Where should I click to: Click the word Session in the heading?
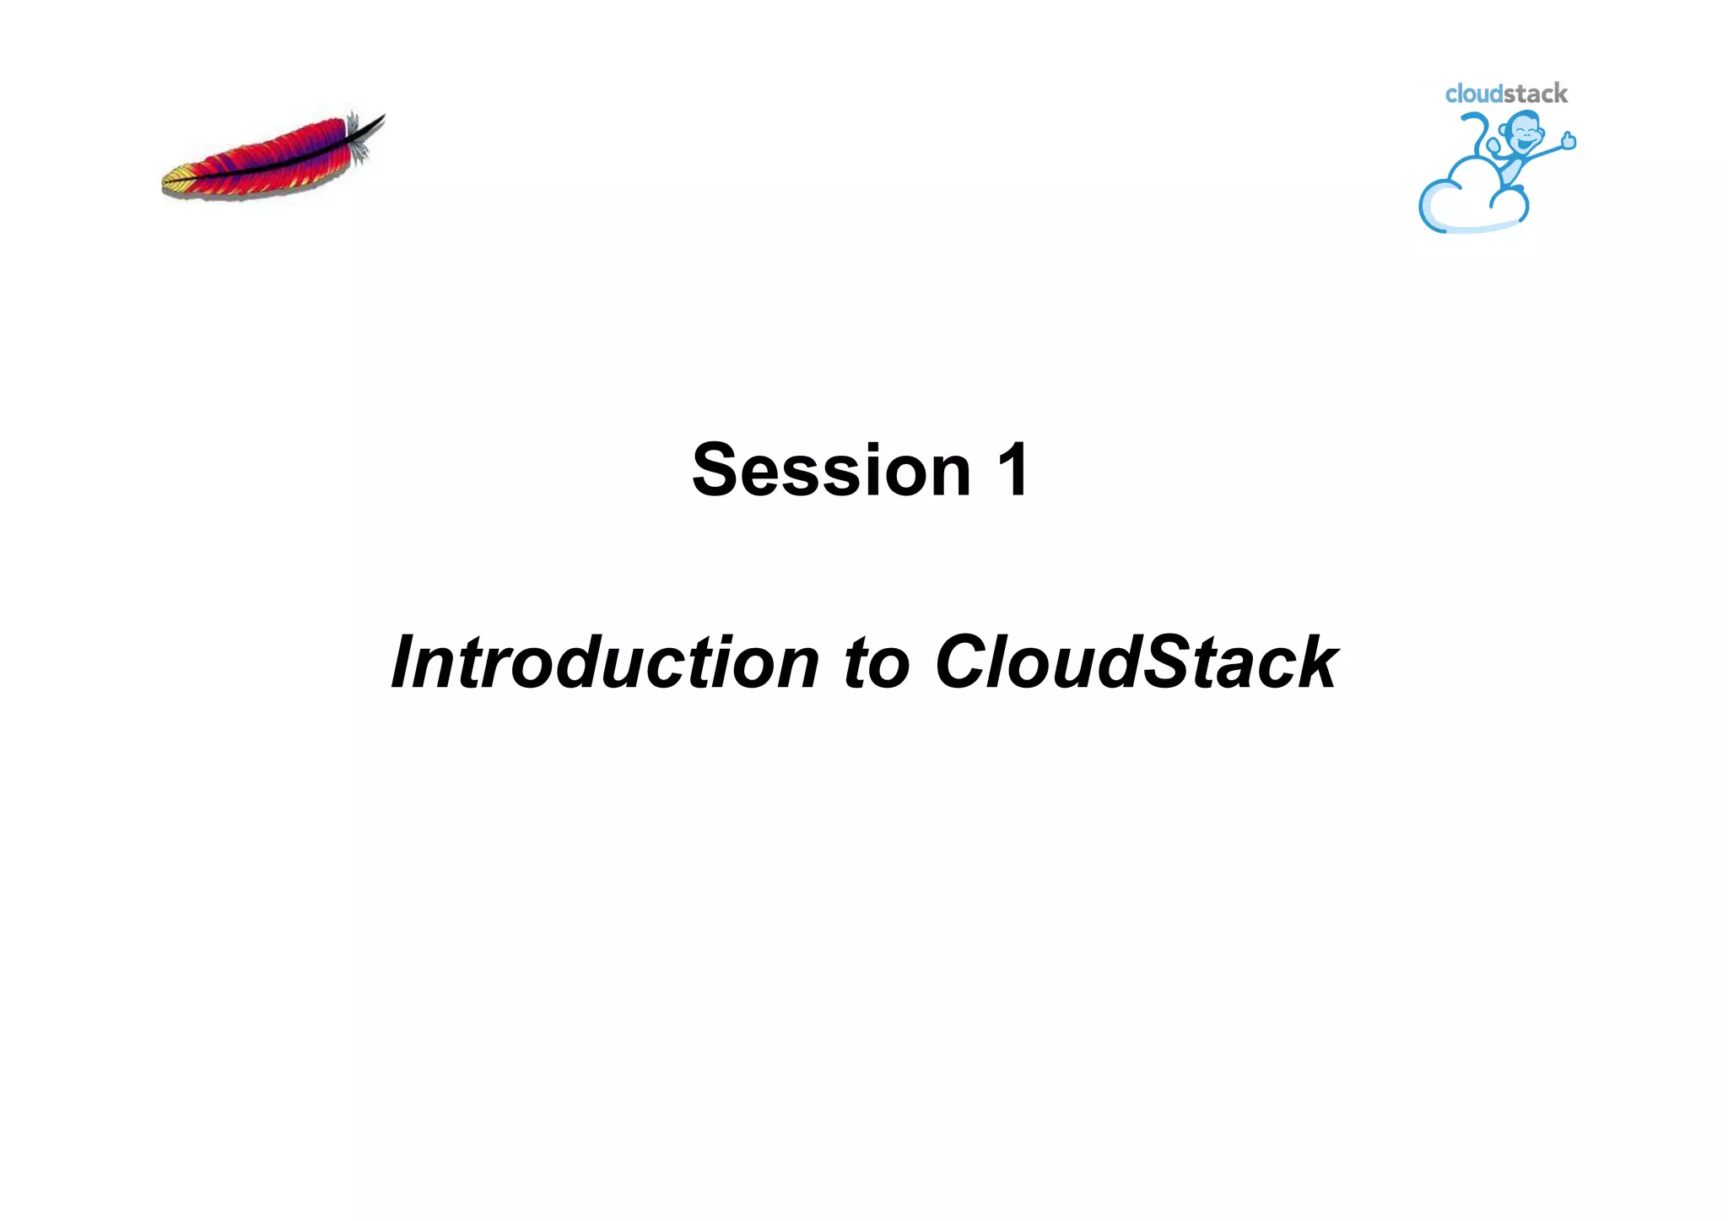point(831,470)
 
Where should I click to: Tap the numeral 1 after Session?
point(1012,470)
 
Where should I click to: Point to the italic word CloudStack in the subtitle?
point(1136,662)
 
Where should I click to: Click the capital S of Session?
point(718,470)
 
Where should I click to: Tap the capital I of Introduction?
point(404,662)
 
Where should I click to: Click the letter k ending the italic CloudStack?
point(1315,662)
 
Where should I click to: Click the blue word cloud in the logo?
point(1473,94)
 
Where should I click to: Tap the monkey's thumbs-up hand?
point(1569,140)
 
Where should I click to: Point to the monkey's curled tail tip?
point(1469,121)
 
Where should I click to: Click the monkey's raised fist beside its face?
point(1494,145)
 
